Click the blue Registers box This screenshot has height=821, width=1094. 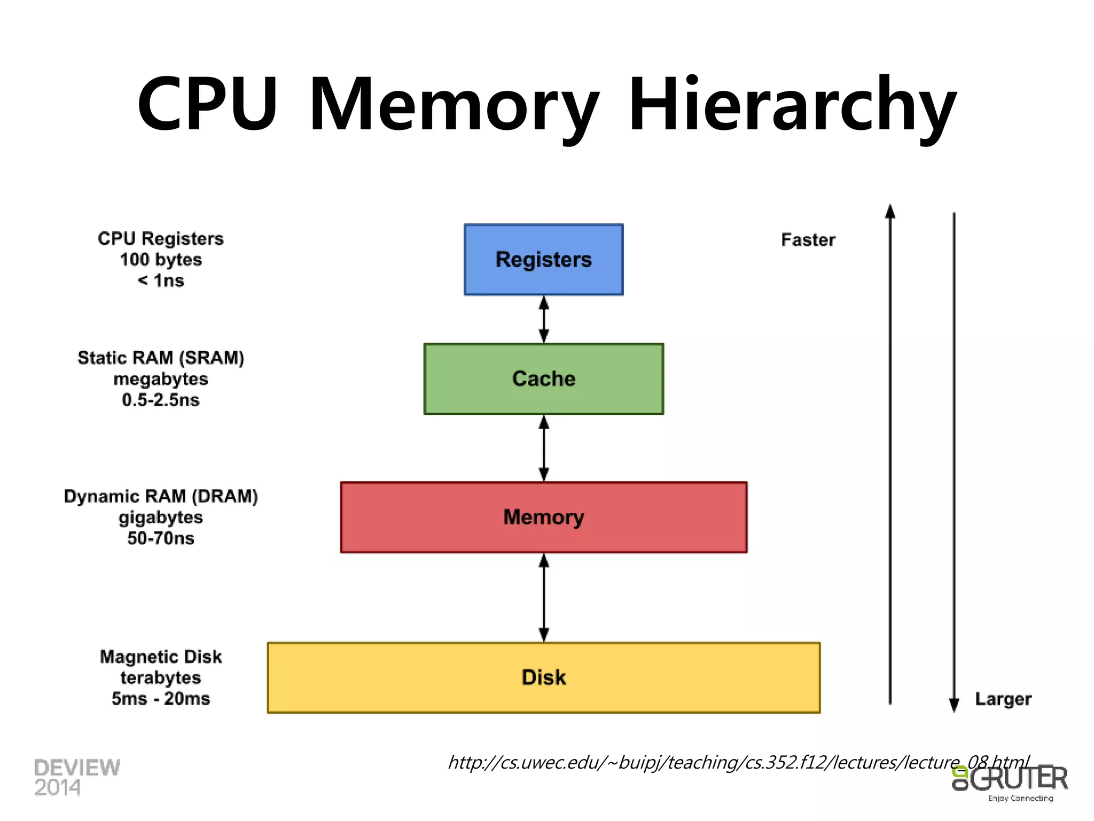543,259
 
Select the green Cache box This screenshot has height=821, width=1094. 543,378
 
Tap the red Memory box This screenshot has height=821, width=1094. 543,517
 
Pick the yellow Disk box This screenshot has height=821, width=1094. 543,677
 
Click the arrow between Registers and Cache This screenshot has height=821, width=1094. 544,319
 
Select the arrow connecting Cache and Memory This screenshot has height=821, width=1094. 544,448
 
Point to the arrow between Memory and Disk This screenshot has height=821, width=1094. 544,597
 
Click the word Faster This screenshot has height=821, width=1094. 808,240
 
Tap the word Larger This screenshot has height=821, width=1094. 1003,699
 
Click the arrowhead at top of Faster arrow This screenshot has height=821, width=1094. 890,212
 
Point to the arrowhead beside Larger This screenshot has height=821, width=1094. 954,705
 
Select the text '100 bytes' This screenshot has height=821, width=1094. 161,260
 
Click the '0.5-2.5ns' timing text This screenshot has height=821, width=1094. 160,400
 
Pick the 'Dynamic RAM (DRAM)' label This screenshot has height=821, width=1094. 161,496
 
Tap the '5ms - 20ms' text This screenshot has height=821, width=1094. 161,699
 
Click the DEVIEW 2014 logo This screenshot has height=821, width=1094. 77,777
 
